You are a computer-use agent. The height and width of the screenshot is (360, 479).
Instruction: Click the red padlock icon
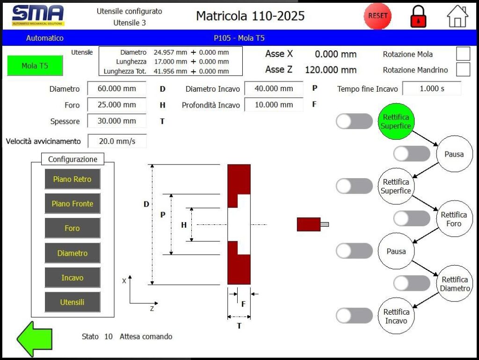pyautogui.click(x=418, y=17)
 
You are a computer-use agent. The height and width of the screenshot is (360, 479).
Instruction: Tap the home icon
pyautogui.click(x=457, y=16)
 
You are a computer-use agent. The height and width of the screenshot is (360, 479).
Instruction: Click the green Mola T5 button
pyautogui.click(x=35, y=66)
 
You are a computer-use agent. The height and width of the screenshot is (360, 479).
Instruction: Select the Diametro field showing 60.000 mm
pyautogui.click(x=116, y=88)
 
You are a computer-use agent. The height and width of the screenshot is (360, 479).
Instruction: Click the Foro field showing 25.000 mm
pyautogui.click(x=116, y=105)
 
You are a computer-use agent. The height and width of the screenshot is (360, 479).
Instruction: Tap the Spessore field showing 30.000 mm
pyautogui.click(x=116, y=121)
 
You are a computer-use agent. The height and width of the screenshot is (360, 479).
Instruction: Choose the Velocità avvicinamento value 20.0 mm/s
pyautogui.click(x=116, y=141)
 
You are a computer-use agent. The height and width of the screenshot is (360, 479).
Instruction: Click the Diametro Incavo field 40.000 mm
pyautogui.click(x=274, y=88)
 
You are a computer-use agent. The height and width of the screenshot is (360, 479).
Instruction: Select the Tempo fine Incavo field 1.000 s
pyautogui.click(x=432, y=88)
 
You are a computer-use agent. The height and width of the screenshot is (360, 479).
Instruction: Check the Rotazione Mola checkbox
pyautogui.click(x=463, y=54)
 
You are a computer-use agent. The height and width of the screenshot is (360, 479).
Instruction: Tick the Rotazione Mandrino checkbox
pyautogui.click(x=463, y=70)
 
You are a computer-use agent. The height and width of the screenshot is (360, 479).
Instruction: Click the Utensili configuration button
pyautogui.click(x=73, y=302)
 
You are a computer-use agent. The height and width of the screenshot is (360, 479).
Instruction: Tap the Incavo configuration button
pyautogui.click(x=73, y=278)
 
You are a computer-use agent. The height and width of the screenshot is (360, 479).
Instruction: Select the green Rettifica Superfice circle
pyautogui.click(x=395, y=122)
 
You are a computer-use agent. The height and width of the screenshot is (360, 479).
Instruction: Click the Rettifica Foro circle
pyautogui.click(x=454, y=219)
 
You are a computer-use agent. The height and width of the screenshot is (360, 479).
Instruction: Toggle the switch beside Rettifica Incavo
pyautogui.click(x=354, y=316)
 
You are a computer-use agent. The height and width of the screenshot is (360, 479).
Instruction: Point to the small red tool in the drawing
pyautogui.click(x=309, y=224)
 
